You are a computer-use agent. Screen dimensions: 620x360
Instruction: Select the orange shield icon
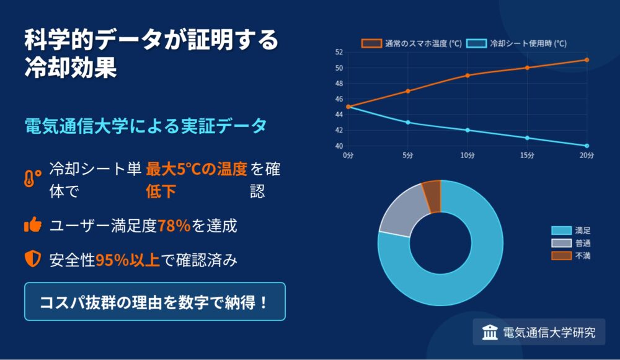tap(33, 259)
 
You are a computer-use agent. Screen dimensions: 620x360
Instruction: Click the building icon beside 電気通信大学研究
tap(490, 332)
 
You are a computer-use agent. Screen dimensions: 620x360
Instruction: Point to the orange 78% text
tap(174, 226)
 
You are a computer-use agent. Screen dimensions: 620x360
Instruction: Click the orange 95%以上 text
tap(127, 260)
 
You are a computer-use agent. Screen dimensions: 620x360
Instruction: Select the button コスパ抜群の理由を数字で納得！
tap(154, 301)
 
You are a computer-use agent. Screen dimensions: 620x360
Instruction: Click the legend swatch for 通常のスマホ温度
tap(371, 43)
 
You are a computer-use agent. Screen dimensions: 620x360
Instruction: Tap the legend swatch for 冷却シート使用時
tap(476, 43)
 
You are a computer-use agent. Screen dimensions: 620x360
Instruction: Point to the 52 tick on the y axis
tap(339, 52)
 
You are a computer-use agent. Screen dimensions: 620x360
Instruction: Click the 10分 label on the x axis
tap(467, 156)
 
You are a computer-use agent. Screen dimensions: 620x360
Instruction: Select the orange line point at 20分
tap(587, 60)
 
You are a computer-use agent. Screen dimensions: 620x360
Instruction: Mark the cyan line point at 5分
tap(408, 123)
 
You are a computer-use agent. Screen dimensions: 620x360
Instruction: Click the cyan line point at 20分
tap(587, 146)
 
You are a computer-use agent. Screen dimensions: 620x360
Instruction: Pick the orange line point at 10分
tap(467, 76)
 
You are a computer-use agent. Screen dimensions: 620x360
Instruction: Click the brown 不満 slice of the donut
tap(432, 196)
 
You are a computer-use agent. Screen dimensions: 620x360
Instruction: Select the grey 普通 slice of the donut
tap(402, 213)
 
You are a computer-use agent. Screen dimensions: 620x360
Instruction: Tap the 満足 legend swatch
tap(562, 230)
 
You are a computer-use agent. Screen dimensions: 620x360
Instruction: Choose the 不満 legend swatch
tap(562, 256)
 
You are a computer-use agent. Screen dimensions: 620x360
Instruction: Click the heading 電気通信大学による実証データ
tap(146, 126)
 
